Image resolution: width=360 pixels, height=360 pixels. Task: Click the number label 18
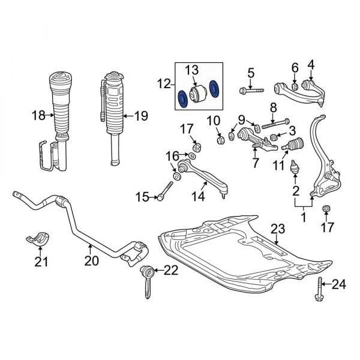(38, 115)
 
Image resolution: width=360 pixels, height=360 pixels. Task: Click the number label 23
(277, 228)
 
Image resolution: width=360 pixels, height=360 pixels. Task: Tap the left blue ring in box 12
(182, 98)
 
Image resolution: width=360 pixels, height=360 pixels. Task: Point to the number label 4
(311, 65)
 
